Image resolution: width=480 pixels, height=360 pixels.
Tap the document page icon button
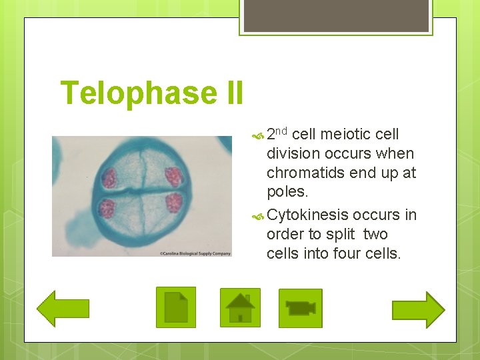(x=176, y=307)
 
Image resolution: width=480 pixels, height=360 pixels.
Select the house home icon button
(x=240, y=307)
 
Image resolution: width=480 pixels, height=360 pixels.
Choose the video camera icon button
(x=300, y=308)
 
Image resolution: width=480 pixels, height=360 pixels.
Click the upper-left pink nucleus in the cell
(x=108, y=178)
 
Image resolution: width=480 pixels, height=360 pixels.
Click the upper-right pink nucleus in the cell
(x=174, y=176)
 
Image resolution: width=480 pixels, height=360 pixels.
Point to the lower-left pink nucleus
(x=106, y=208)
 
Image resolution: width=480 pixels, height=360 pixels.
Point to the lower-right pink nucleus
(x=174, y=202)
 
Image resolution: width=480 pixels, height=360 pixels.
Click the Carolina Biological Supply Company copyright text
(x=195, y=253)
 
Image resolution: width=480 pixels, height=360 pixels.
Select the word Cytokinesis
(x=307, y=215)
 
